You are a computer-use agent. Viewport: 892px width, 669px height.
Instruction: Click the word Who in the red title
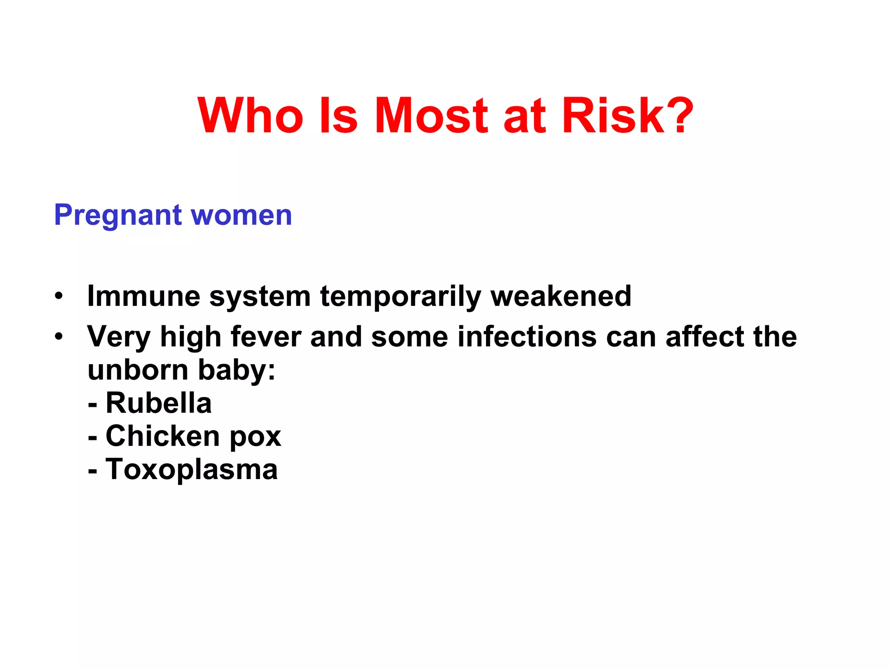click(250, 115)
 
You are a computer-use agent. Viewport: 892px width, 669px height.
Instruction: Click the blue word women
click(241, 216)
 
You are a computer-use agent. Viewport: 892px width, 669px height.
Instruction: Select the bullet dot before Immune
click(59, 297)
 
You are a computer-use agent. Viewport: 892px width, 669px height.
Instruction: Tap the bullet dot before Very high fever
click(59, 337)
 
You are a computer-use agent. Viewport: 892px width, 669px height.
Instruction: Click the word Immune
click(143, 296)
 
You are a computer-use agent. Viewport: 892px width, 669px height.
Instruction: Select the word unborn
click(138, 370)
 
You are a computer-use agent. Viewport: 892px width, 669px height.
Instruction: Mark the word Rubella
click(159, 403)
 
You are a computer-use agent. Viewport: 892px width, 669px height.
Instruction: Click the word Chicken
click(162, 436)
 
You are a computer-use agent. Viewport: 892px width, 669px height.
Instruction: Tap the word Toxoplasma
click(192, 470)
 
